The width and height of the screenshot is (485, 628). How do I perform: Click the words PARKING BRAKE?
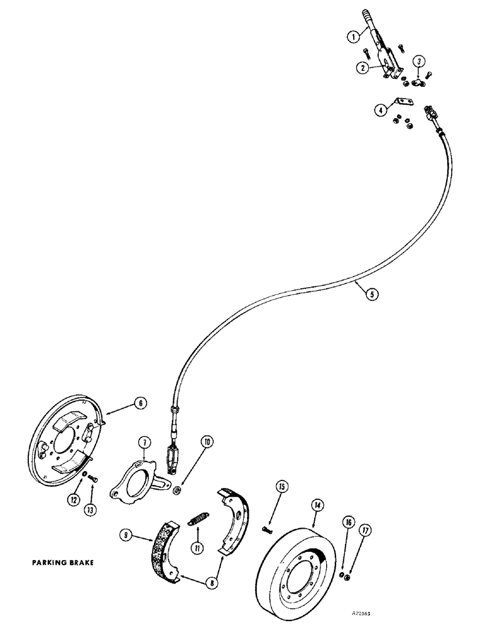(x=62, y=563)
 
